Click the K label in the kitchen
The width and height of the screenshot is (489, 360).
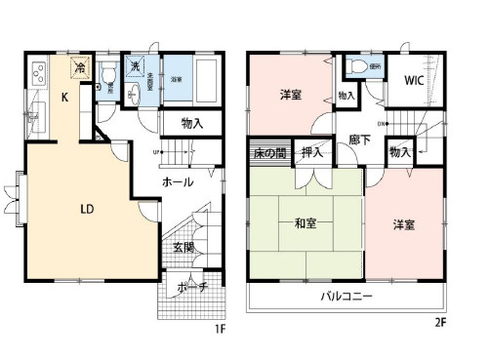coord(63,97)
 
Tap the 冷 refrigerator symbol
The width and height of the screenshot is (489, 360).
coord(85,71)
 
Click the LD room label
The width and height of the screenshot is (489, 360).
coord(86,208)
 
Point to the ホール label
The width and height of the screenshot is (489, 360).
coord(177,182)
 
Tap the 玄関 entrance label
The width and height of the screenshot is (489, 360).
coord(183,248)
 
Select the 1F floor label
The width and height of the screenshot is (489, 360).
coord(220,328)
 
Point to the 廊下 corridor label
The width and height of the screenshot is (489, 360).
coord(357,140)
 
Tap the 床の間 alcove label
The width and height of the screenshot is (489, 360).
coord(269,153)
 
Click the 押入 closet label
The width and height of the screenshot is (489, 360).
coord(312,153)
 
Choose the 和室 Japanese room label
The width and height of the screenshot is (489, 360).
coord(306,222)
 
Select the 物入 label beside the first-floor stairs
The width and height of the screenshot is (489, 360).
coord(191,124)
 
